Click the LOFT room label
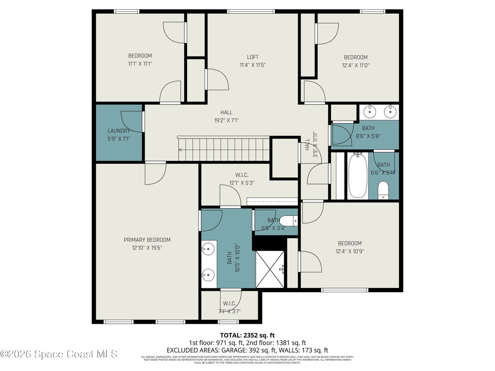[x=252, y=57]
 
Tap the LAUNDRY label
[x=119, y=130]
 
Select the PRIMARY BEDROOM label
[x=147, y=240]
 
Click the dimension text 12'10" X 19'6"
[x=147, y=248]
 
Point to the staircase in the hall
[x=224, y=149]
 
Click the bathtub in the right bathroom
[x=358, y=176]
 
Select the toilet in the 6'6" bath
[x=384, y=190]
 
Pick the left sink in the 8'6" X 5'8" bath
[x=370, y=112]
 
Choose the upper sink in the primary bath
[x=208, y=250]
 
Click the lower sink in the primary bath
[x=208, y=275]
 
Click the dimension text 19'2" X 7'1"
[x=226, y=121]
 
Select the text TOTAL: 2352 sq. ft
[x=247, y=335]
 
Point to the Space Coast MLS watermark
[x=59, y=354]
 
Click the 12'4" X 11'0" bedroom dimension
[x=355, y=65]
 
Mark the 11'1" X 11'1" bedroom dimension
[x=140, y=64]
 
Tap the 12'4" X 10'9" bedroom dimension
[x=349, y=251]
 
